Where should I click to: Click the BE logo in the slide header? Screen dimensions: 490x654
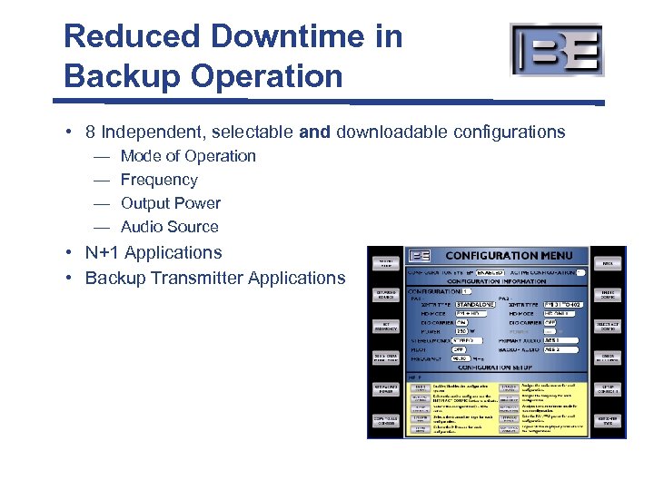coord(556,50)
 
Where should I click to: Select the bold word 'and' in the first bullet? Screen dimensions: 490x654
coord(314,132)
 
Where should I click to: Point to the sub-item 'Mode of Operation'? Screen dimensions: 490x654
coord(188,156)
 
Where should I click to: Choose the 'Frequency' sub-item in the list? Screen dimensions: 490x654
coord(159,180)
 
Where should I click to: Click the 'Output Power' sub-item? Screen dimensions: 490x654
coord(171,203)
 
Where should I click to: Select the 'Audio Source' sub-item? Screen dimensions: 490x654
coord(170,227)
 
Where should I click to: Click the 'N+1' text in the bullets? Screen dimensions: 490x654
coord(104,253)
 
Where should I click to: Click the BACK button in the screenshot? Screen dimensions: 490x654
coord(607,263)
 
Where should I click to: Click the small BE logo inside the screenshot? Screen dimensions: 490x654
coord(420,257)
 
